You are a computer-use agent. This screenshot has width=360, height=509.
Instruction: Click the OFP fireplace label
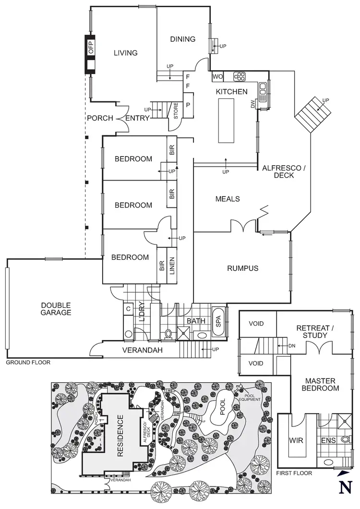point(90,47)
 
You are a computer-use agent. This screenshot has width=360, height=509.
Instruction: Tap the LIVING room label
point(125,53)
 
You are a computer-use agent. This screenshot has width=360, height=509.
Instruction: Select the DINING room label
point(182,39)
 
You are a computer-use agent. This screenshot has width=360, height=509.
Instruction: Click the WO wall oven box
point(217,76)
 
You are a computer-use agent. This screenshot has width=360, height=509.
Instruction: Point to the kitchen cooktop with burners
point(239,76)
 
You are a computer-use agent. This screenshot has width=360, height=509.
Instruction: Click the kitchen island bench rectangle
point(226,120)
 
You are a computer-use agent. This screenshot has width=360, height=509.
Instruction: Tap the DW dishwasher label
point(252,104)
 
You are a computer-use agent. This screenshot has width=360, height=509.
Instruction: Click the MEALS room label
point(227,199)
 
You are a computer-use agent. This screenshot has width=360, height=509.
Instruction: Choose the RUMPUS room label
point(242,268)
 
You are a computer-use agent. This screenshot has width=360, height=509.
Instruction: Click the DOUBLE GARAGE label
point(56,309)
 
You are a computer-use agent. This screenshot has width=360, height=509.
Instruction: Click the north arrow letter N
point(344,486)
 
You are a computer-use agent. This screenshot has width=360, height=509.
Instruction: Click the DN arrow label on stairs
point(292,345)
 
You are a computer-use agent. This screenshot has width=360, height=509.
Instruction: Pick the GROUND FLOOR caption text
point(27,363)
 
